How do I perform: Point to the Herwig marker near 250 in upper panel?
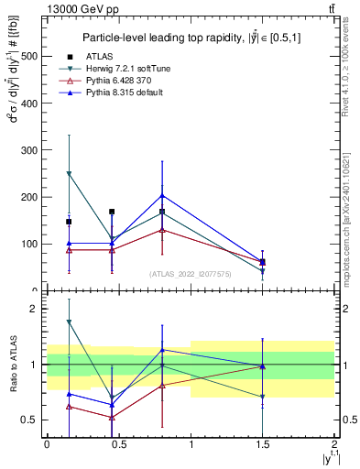pos(69,173)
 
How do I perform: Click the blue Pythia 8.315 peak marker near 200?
pos(162,195)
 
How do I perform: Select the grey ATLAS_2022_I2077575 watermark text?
pos(190,274)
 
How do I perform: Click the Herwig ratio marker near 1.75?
pos(69,322)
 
